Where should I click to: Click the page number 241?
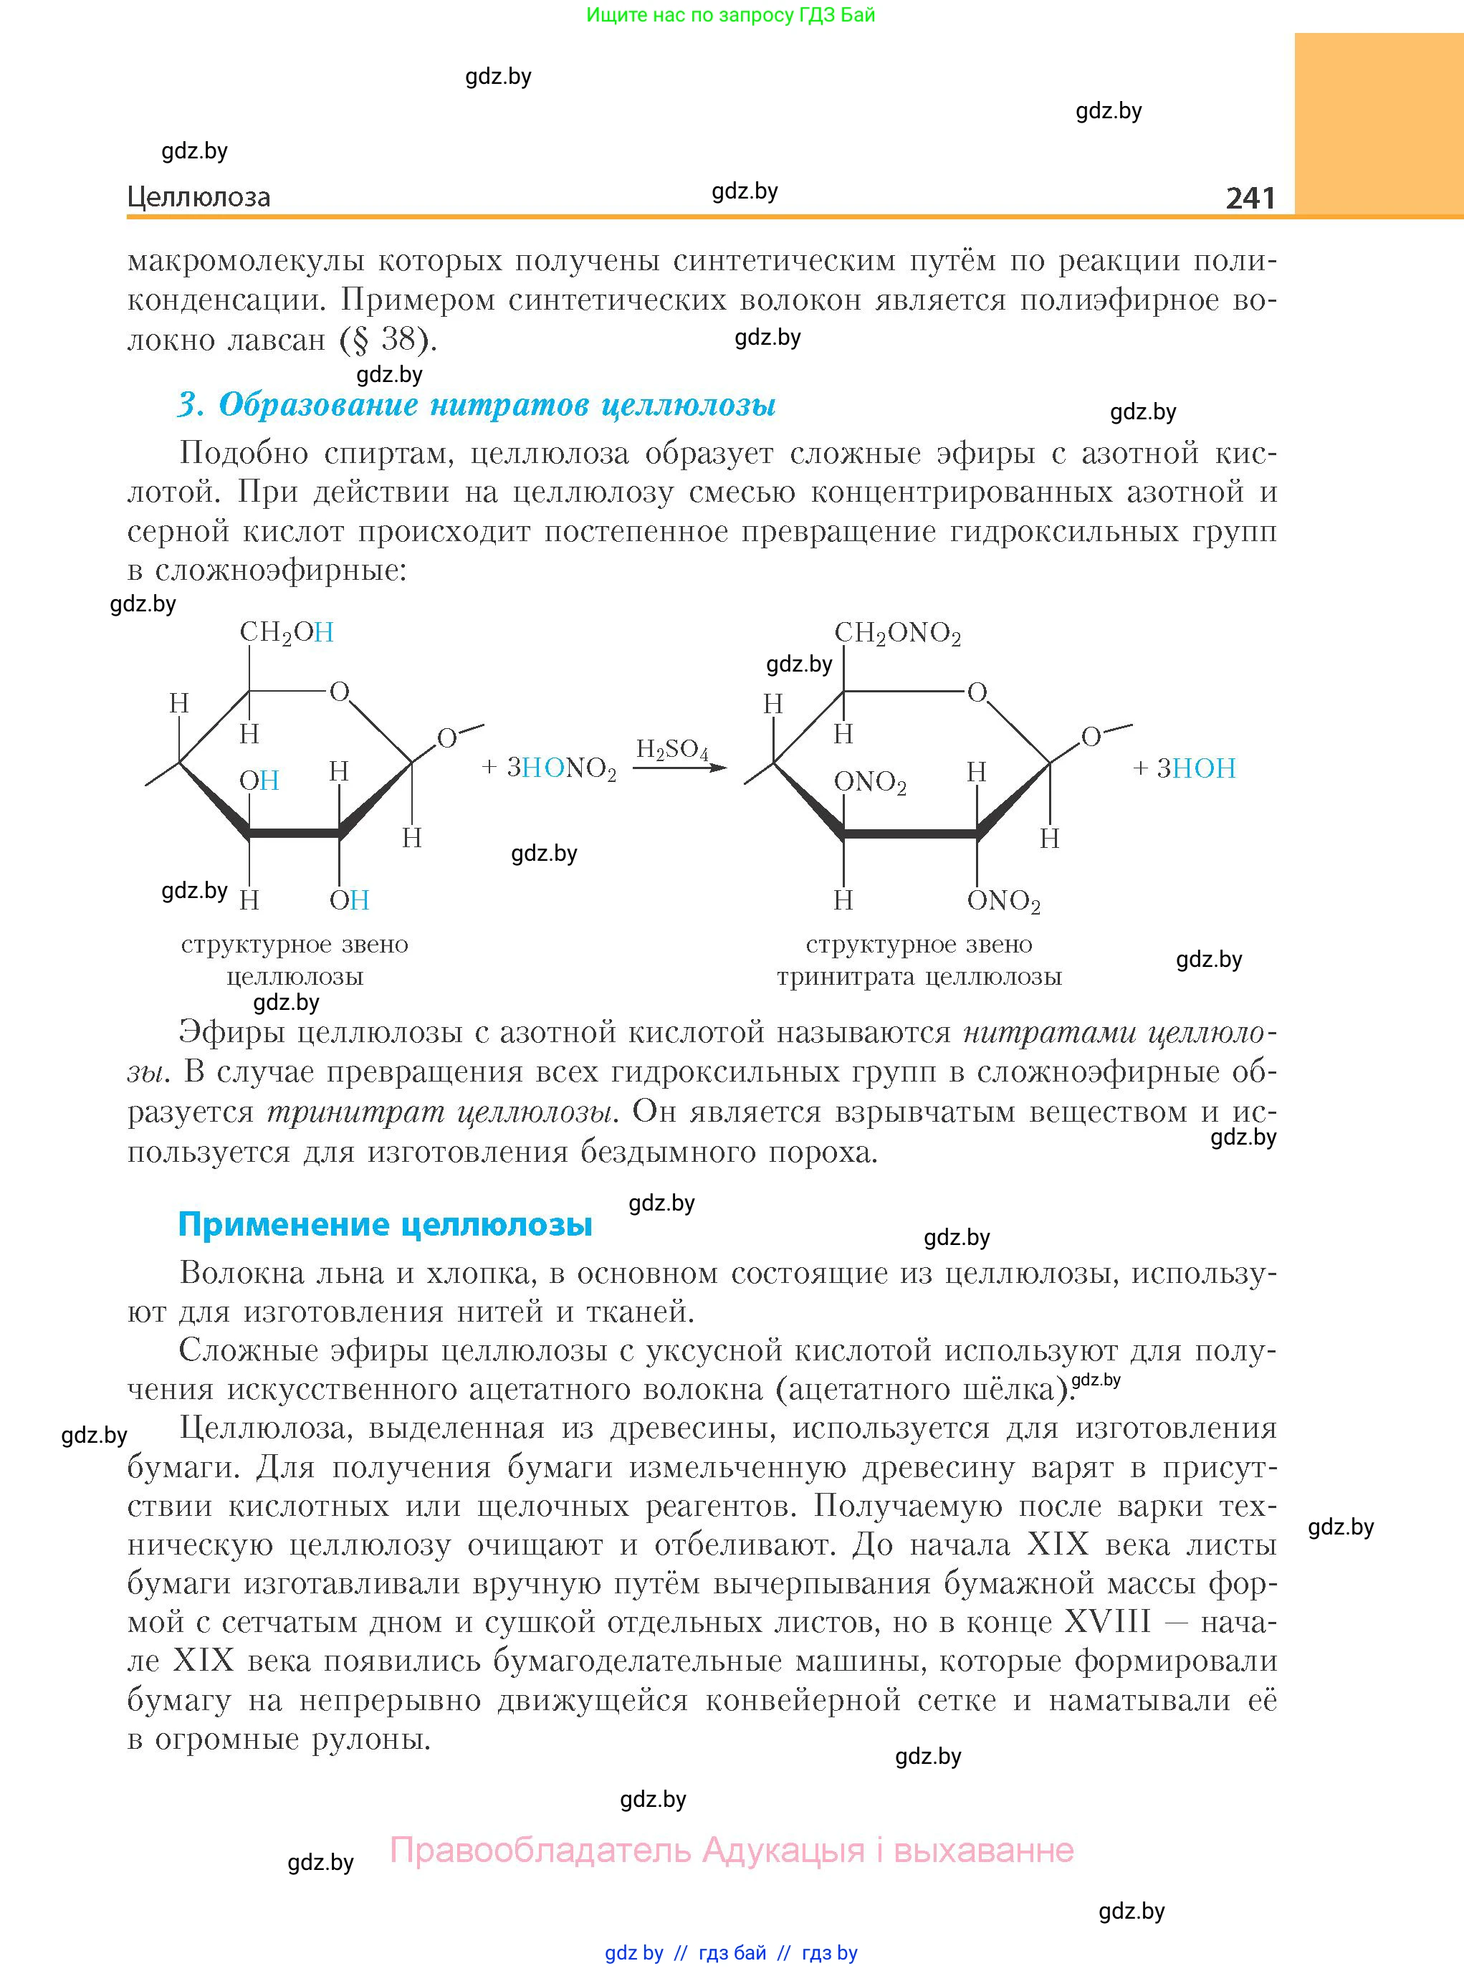1250,198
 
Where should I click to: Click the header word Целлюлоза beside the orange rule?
198,197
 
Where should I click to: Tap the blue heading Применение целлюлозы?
385,1224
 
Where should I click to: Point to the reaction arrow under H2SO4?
679,768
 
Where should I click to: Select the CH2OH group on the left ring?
286,633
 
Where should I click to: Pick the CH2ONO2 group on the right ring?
897,634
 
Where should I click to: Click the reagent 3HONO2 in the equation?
561,768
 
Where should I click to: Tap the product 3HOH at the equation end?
1195,768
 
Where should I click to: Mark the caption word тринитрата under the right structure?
846,978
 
